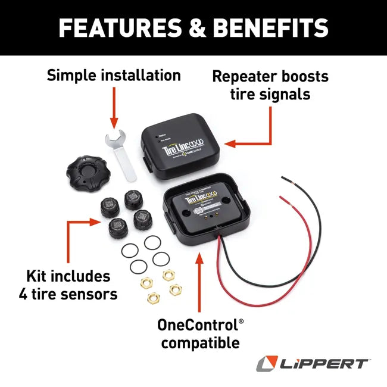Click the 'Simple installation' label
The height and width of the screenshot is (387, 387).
pos(114,76)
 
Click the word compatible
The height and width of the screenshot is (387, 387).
pos(200,343)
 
